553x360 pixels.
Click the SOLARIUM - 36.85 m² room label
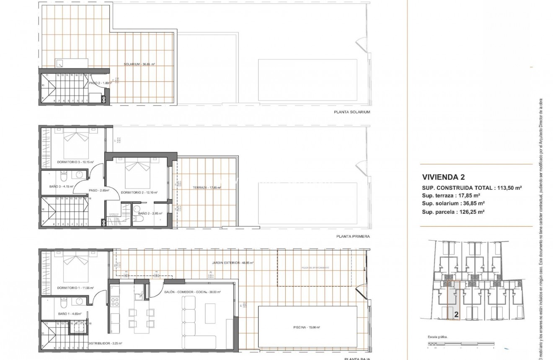(140, 65)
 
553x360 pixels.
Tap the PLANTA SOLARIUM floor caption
(352, 112)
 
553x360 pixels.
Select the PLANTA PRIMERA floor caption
(353, 236)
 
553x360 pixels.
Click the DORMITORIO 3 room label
(75, 162)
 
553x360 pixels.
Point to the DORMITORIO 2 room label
(139, 192)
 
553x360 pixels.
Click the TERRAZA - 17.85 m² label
(204, 188)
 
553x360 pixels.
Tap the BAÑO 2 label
(147, 213)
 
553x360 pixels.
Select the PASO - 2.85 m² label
(99, 190)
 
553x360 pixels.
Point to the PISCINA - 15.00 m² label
(307, 327)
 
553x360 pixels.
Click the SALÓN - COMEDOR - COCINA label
(192, 292)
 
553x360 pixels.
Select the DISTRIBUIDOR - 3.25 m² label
(105, 343)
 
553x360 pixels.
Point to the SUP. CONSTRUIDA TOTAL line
(472, 188)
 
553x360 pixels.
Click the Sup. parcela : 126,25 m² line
(453, 212)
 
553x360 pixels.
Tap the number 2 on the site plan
(456, 313)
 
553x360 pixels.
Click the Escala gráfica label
(438, 337)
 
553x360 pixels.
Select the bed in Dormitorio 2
(138, 170)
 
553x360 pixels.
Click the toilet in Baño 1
(63, 302)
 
